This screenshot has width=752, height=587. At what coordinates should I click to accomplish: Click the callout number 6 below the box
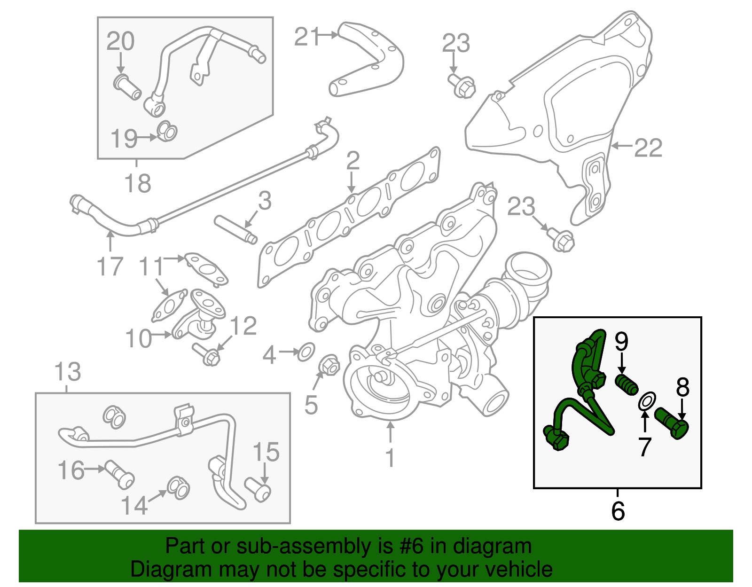tap(618, 511)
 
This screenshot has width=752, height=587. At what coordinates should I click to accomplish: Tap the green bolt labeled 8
tap(672, 423)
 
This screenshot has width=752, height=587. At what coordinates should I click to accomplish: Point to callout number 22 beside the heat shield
tap(648, 148)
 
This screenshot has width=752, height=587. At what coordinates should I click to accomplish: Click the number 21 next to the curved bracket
tap(307, 37)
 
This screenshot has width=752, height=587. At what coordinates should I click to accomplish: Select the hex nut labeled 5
tap(329, 365)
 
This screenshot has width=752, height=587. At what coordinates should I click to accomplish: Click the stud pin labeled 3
tap(235, 229)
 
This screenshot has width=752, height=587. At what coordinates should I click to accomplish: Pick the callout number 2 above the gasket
tap(353, 161)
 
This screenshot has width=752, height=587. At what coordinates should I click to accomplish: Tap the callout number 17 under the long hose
tap(110, 266)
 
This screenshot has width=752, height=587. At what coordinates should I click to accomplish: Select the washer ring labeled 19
tap(167, 131)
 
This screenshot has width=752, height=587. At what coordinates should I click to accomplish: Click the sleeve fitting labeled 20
tap(127, 87)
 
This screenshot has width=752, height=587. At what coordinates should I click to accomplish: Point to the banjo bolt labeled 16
tap(120, 474)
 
